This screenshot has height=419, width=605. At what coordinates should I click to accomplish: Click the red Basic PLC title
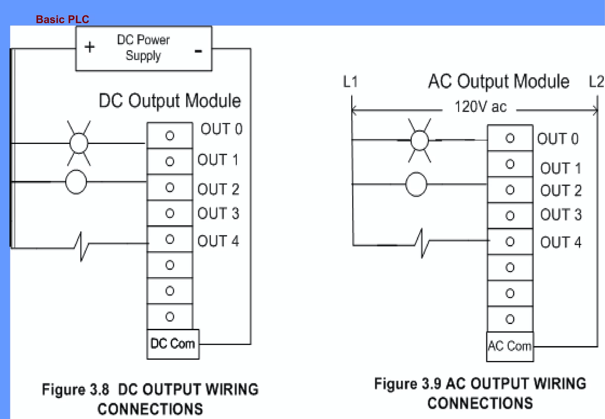pyautogui.click(x=62, y=20)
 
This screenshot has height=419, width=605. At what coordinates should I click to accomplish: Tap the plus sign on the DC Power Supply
pyautogui.click(x=90, y=47)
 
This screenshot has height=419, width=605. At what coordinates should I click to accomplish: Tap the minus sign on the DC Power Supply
pyautogui.click(x=198, y=51)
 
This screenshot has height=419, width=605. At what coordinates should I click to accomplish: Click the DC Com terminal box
pyautogui.click(x=173, y=344)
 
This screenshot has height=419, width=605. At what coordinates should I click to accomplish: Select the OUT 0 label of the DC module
pyautogui.click(x=221, y=129)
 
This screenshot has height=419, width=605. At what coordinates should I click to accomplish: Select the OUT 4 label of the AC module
pyautogui.click(x=560, y=242)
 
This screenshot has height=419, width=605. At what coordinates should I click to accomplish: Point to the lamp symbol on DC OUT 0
pyautogui.click(x=79, y=143)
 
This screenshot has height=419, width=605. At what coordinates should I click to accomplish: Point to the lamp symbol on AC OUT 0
pyautogui.click(x=419, y=140)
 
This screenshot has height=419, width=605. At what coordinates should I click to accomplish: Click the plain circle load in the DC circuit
pyautogui.click(x=76, y=182)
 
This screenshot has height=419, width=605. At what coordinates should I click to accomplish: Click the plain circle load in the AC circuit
pyautogui.click(x=416, y=184)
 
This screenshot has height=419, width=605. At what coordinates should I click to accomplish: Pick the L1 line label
pyautogui.click(x=350, y=82)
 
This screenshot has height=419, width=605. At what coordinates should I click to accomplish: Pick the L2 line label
pyautogui.click(x=596, y=82)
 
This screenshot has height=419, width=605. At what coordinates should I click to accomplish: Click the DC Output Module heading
pyautogui.click(x=170, y=101)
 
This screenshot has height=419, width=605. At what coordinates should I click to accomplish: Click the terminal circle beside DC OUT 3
pyautogui.click(x=170, y=213)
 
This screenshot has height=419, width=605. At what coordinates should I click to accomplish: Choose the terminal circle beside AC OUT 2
pyautogui.click(x=510, y=190)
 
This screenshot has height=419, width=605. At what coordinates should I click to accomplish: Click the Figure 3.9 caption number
pyautogui.click(x=431, y=384)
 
